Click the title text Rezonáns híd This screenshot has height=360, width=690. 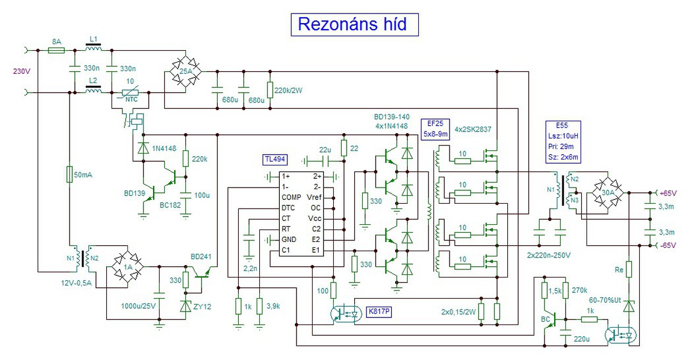click(352, 24)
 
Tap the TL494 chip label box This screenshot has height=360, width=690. click(275, 160)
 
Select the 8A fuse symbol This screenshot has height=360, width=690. click(57, 50)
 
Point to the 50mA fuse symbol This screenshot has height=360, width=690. click(70, 175)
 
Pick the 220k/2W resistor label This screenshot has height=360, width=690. click(288, 91)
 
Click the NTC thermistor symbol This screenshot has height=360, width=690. click(130, 92)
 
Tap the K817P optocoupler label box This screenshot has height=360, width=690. click(379, 311)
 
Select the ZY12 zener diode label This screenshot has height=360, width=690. click(202, 307)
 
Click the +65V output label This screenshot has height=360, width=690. click(668, 193)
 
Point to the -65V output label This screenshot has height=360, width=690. click(668, 245)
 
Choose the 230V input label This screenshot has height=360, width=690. click(22, 72)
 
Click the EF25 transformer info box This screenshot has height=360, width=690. click(435, 129)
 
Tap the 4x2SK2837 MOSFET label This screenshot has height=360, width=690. click(473, 129)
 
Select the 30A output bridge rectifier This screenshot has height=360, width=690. click(608, 193)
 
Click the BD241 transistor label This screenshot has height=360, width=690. click(201, 257)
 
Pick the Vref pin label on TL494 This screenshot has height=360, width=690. click(314, 197)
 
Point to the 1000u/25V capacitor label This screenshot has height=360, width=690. click(139, 306)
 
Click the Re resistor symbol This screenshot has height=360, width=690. click(629, 269)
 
